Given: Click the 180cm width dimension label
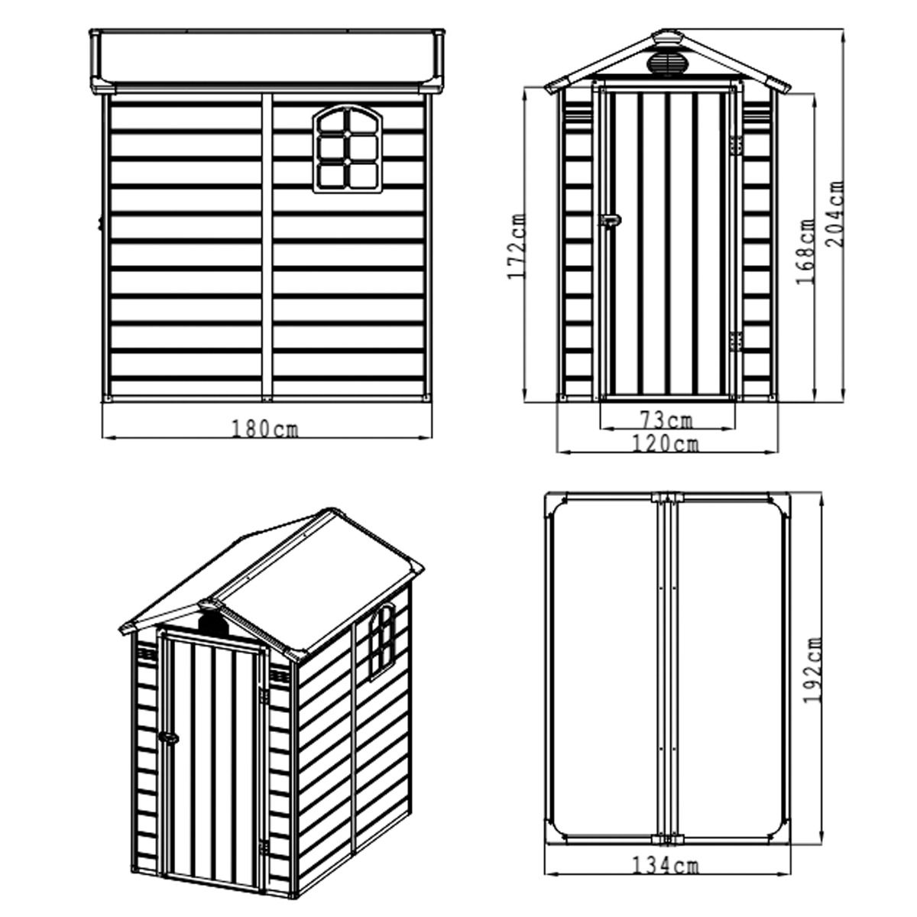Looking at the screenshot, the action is pos(264,429).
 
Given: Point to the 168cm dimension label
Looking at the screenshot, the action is pos(805,251).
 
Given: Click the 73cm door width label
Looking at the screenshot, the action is pos(666,420).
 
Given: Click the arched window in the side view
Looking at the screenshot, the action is pos(347,150).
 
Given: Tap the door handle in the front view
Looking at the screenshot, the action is pos(611,220).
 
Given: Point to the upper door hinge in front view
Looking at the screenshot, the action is pos(736,144).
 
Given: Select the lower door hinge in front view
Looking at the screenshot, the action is pos(736,341).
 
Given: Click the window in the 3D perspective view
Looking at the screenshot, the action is pos(382,641).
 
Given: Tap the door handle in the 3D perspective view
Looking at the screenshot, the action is pos(168,737).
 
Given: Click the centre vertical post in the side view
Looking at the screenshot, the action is pos(267,245).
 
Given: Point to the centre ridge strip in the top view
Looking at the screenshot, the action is pos(666,666).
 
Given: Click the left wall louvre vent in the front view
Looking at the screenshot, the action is pos(577,114).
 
